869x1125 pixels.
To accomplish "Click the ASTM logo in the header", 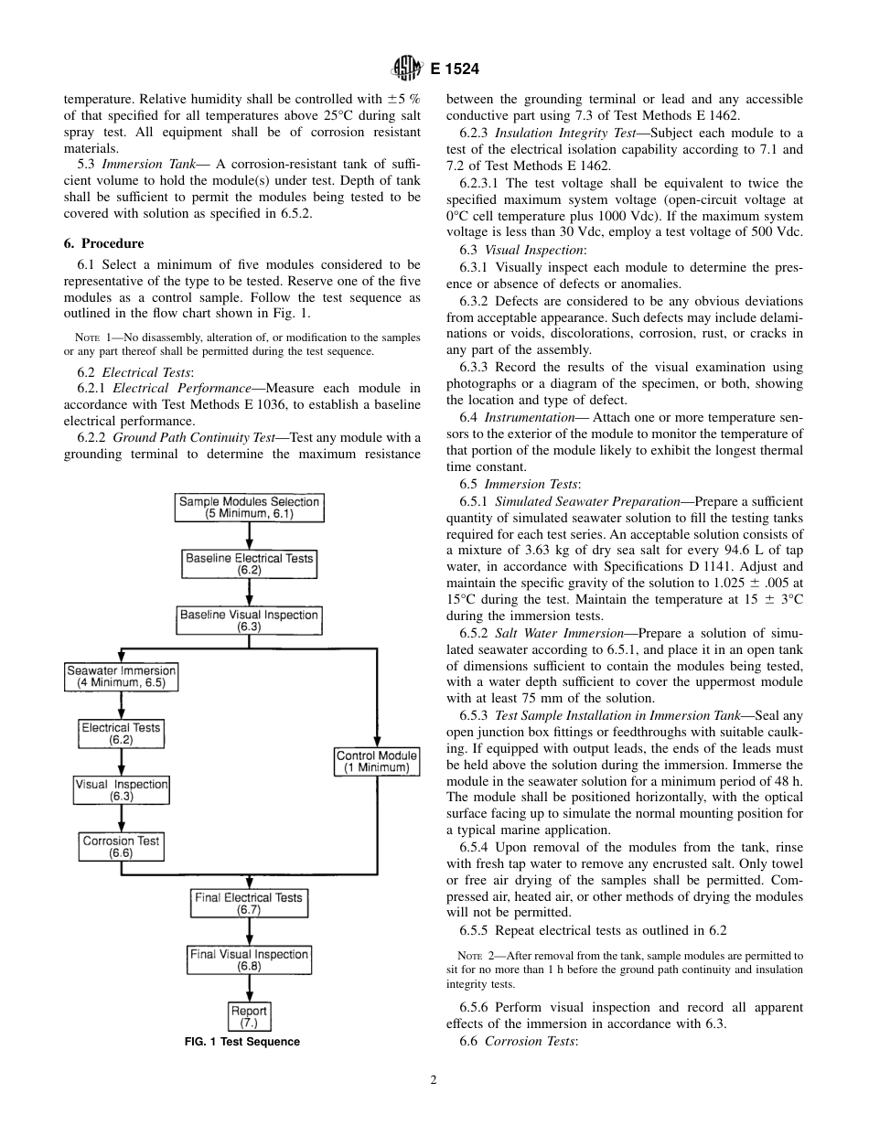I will tap(404, 67).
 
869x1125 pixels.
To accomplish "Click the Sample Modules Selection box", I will tap(250, 508).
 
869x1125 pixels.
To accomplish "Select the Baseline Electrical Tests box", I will tap(250, 563).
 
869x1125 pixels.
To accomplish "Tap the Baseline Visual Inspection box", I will tap(250, 621).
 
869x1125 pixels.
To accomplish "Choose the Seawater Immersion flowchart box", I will tap(121, 677).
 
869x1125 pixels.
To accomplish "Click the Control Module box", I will tap(377, 762).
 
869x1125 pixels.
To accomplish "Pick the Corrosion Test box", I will tap(121, 847).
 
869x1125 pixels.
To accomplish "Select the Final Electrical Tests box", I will tap(249, 904).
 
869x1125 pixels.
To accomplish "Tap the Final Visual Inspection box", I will tap(249, 959).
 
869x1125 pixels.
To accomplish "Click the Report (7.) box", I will tap(249, 1017).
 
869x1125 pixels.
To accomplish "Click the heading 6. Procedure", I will tap(103, 244).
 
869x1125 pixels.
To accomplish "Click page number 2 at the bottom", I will tap(434, 1079).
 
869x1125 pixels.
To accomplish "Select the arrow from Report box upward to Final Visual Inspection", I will tap(249, 989).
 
